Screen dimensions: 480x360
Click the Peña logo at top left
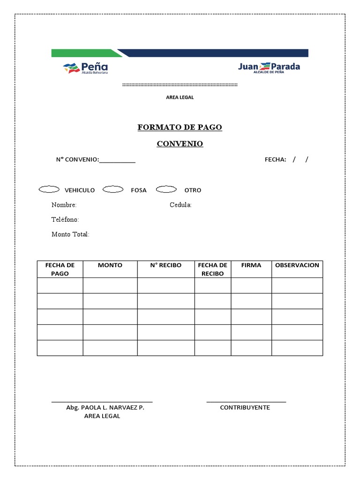85,68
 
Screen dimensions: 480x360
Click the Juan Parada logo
269,67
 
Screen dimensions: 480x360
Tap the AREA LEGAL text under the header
180,97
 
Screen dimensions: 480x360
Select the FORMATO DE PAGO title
180,127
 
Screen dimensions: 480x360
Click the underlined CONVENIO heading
180,144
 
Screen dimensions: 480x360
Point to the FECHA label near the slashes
275,160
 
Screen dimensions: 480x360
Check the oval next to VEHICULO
49,189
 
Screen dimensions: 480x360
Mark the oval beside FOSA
112,189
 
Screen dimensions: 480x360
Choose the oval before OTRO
166,189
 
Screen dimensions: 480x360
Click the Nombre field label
64,205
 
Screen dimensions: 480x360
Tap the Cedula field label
180,205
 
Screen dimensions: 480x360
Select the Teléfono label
65,219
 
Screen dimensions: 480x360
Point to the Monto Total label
70,234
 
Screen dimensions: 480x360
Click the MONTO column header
110,265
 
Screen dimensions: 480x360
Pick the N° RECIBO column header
165,265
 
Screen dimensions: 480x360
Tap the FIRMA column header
251,265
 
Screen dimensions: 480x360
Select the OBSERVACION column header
297,265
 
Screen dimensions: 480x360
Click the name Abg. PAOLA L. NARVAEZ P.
105,408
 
